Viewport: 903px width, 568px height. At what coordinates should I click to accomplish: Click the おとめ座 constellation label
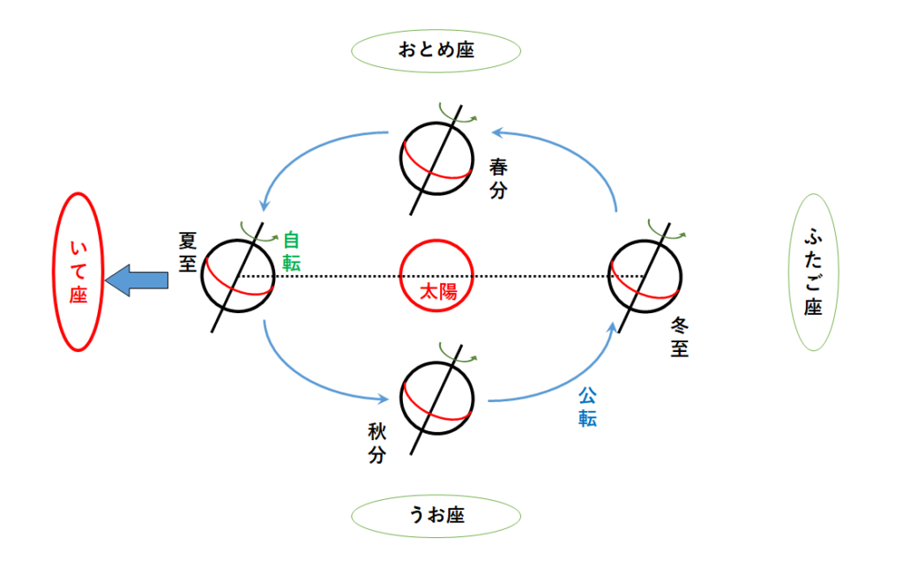[435, 50]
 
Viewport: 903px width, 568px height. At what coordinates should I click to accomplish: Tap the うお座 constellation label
[436, 515]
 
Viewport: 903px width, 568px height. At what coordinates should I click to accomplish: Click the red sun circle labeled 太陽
[437, 276]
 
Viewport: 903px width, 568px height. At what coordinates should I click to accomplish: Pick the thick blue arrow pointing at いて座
[137, 280]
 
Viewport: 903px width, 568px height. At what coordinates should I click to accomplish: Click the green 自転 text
[291, 251]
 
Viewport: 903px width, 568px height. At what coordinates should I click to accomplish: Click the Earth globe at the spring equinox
[437, 158]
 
